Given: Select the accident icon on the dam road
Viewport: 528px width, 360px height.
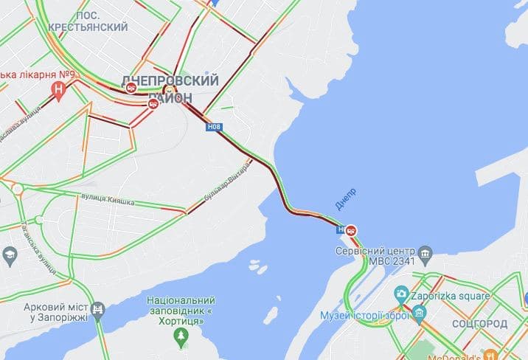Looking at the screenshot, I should coord(352,230).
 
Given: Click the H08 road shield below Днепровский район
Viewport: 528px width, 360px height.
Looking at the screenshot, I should coord(213,128).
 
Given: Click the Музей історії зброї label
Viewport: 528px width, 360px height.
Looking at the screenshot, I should coord(364,316).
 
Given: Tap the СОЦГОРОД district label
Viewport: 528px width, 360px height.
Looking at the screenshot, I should coord(479,324).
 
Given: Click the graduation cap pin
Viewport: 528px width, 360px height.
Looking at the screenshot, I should coord(10,255).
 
